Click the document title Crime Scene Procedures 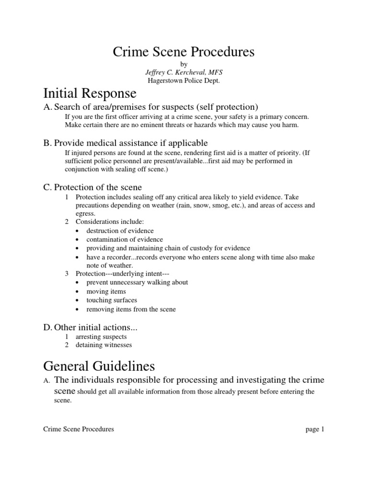184,51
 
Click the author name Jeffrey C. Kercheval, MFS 184,72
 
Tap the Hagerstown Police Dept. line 184,81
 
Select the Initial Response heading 90,93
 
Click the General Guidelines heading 99,366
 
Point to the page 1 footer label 315,429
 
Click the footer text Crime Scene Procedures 79,429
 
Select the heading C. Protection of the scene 92,187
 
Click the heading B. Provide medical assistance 125,142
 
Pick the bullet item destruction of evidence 119,231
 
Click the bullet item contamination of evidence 125,239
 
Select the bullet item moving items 106,292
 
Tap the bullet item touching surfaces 112,300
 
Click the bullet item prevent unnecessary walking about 137,282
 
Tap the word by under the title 184,64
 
